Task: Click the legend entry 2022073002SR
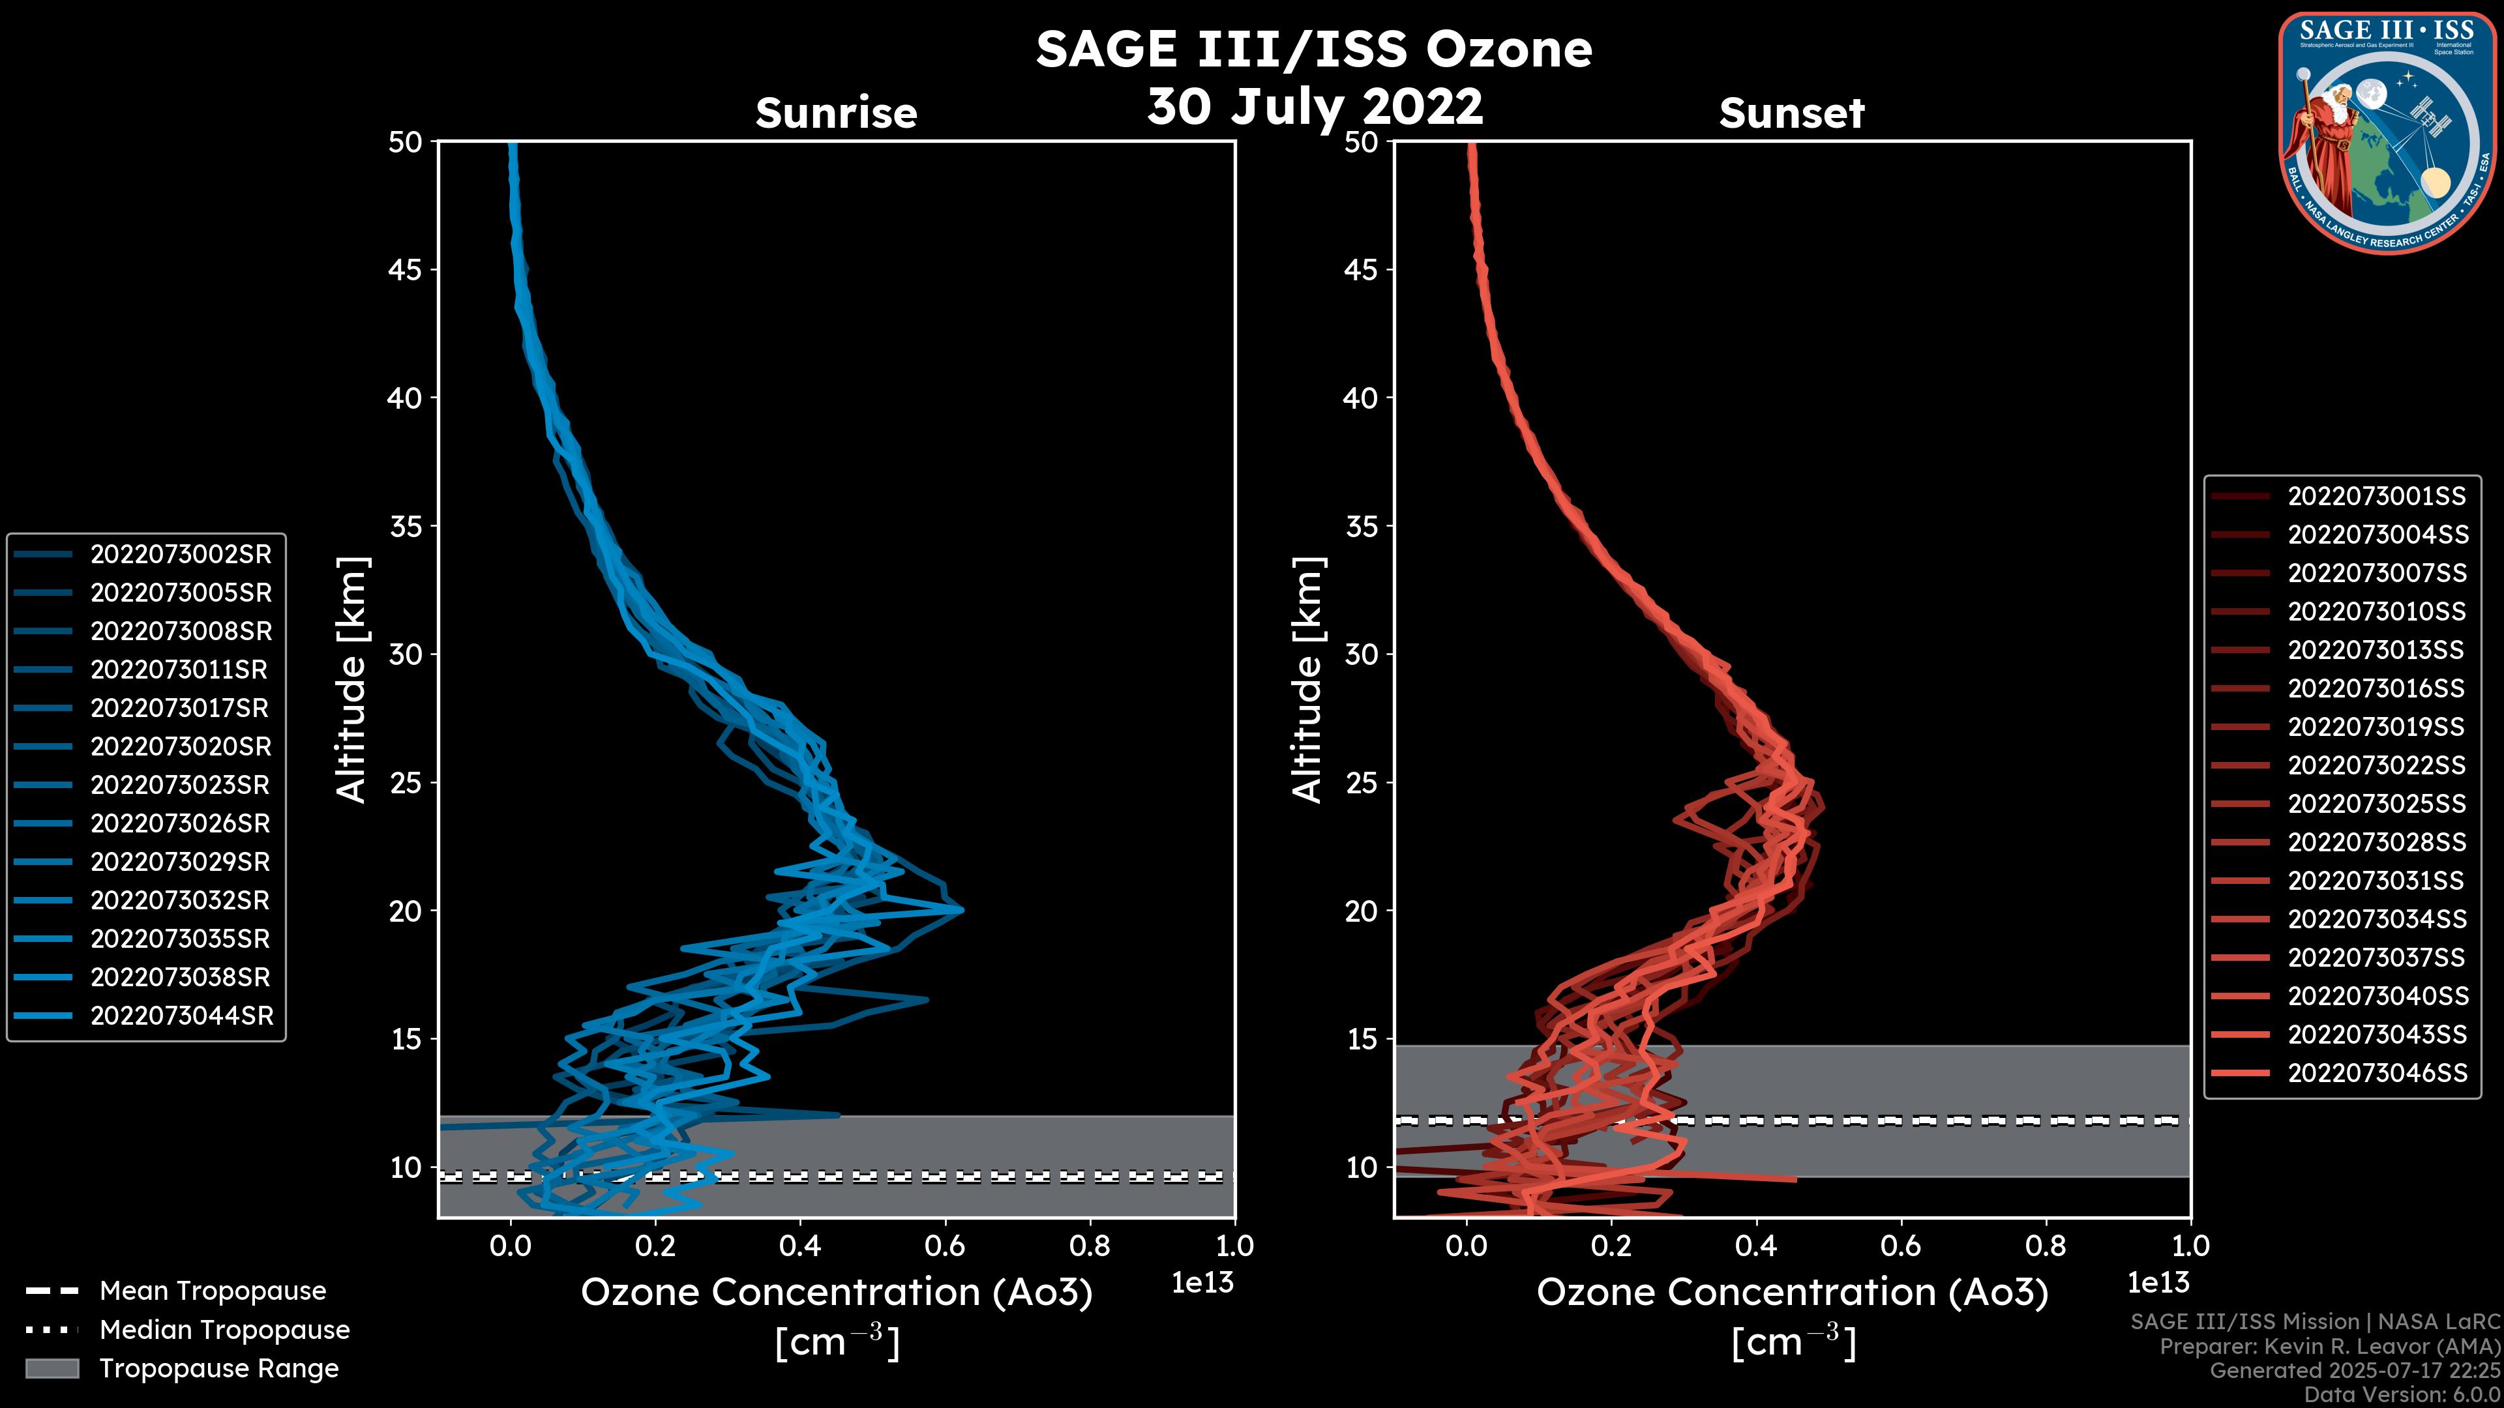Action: pos(181,555)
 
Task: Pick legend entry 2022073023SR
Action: pos(180,785)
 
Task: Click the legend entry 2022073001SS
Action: pos(2376,497)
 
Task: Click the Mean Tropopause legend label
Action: pos(212,1291)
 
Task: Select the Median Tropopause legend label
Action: pos(224,1330)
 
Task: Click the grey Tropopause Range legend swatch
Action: pos(52,1368)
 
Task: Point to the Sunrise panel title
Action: pos(836,113)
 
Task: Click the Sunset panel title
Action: pos(1791,113)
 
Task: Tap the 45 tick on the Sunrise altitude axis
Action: pos(406,270)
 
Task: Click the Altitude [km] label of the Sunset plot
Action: pos(1308,680)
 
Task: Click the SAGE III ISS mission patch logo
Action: pos(2387,131)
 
